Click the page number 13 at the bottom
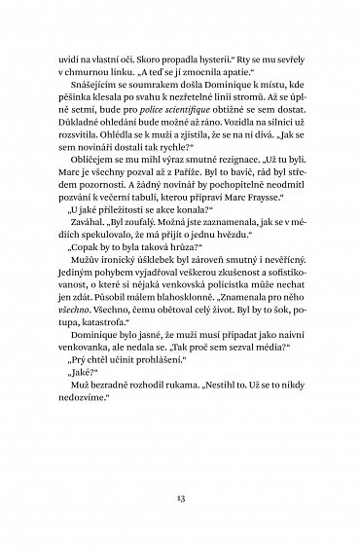(180, 495)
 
